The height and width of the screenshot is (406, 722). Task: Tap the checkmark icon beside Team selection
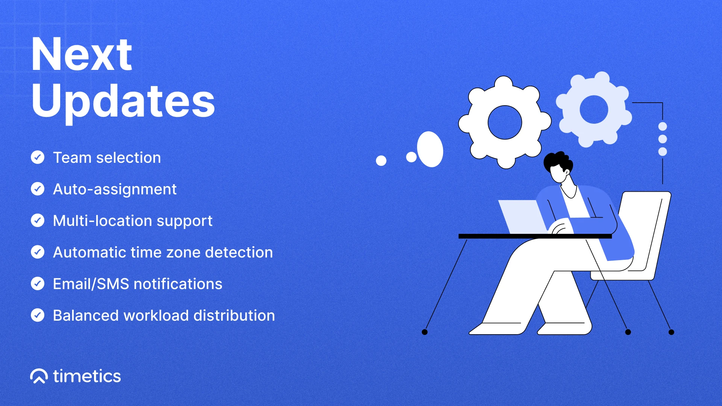point(38,157)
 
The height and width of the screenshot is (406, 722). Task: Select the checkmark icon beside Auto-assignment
point(38,189)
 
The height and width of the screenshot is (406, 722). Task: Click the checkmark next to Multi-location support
point(38,220)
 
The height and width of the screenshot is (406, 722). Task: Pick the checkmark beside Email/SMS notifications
point(38,283)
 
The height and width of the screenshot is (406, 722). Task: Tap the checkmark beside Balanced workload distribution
point(38,315)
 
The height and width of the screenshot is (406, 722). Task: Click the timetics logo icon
point(39,376)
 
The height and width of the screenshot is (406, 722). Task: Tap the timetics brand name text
point(87,376)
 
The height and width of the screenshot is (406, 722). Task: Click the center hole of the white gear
point(505,122)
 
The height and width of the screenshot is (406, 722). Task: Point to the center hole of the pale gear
point(594,109)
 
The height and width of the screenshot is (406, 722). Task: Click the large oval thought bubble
point(430,149)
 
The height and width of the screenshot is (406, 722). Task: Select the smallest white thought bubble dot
point(381,161)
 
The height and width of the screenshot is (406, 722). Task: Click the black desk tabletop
point(535,236)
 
